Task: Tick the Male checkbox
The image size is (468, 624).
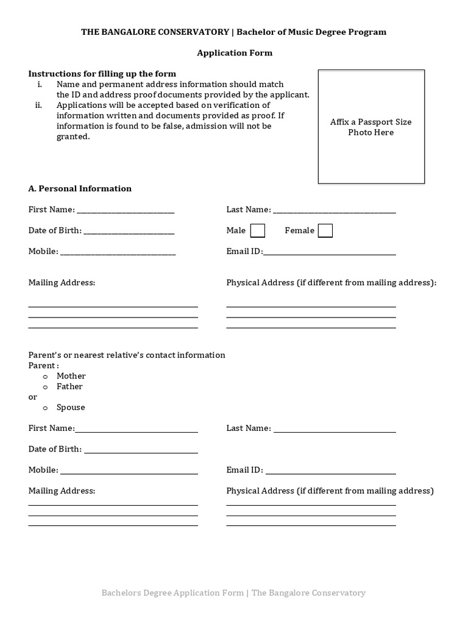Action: pyautogui.click(x=258, y=230)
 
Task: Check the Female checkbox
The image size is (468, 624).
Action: pyautogui.click(x=325, y=230)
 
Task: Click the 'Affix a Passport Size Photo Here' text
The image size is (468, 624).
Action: pyautogui.click(x=370, y=127)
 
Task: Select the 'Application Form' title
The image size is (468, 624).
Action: pyautogui.click(x=234, y=53)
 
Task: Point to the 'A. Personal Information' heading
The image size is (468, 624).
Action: pyautogui.click(x=80, y=188)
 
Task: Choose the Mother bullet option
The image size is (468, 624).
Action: pyautogui.click(x=45, y=377)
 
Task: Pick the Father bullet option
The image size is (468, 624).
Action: pyautogui.click(x=45, y=387)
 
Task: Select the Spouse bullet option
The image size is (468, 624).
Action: pyautogui.click(x=45, y=408)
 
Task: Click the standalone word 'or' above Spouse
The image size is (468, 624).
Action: pyautogui.click(x=33, y=397)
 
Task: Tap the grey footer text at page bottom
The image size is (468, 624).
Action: pyautogui.click(x=233, y=592)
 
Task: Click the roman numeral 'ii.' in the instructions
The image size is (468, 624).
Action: pyautogui.click(x=38, y=105)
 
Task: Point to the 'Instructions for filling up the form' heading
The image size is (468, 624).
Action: pyautogui.click(x=102, y=74)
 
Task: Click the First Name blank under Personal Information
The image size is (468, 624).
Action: pyautogui.click(x=126, y=210)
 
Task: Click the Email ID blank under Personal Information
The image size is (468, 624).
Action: pyautogui.click(x=329, y=252)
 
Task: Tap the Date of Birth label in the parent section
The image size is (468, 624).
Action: pyautogui.click(x=55, y=449)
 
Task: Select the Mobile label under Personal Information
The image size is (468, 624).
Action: pyautogui.click(x=43, y=251)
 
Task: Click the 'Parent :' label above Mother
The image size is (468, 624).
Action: pyautogui.click(x=43, y=366)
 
